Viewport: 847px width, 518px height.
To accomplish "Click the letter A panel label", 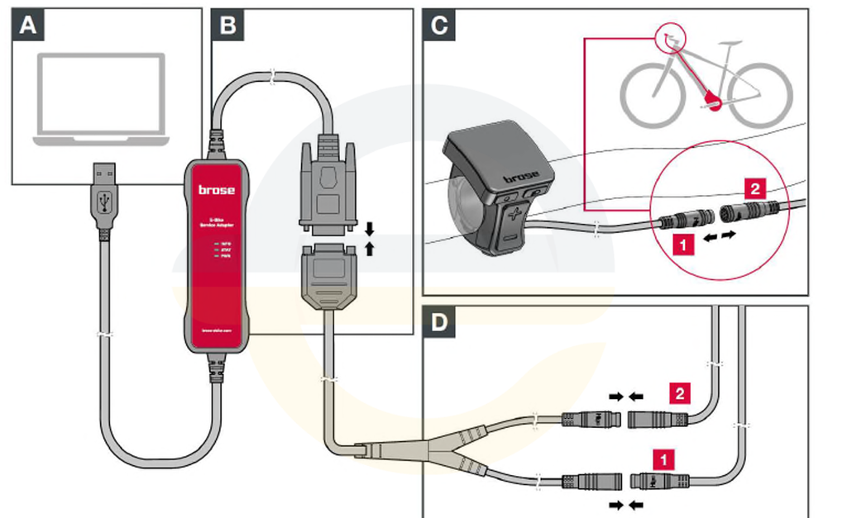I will point(28,26).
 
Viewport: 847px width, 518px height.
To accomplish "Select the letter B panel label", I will point(227,26).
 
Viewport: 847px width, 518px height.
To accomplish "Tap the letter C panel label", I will point(439,26).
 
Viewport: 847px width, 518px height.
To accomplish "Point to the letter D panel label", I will point(439,321).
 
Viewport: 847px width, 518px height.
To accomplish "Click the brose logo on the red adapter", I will point(216,190).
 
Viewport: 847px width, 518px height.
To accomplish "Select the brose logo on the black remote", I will point(520,175).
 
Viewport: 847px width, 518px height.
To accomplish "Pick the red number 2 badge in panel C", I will point(754,188).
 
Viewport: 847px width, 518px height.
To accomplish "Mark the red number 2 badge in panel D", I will point(678,393).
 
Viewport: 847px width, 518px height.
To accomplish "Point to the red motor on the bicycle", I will point(713,102).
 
